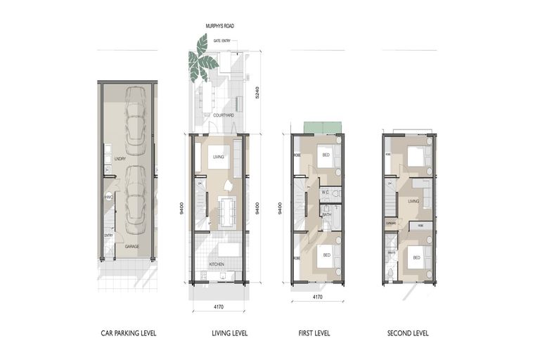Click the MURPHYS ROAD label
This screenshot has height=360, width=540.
(x=220, y=26)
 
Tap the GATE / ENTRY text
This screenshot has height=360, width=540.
(x=221, y=41)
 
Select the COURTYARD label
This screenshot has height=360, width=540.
(x=224, y=115)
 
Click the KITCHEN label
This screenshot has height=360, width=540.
(x=217, y=264)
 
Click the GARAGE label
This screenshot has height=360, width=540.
(x=131, y=247)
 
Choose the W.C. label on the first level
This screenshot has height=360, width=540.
(x=326, y=190)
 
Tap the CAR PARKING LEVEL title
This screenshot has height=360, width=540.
(x=128, y=333)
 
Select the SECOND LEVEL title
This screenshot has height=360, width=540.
(x=407, y=333)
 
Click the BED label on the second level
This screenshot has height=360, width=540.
(x=416, y=258)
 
